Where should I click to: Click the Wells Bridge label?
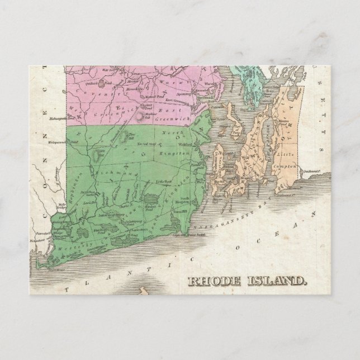click(x=57, y=213)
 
